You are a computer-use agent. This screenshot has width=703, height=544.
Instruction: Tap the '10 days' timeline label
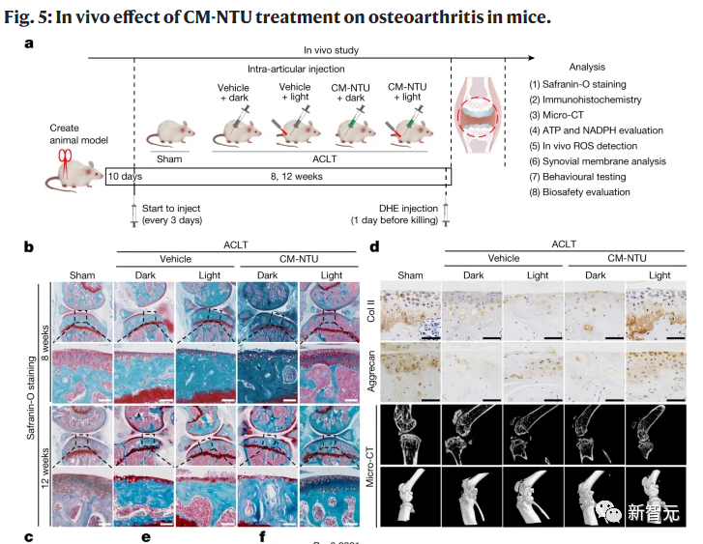point(124,178)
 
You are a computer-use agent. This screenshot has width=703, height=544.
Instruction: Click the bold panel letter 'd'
point(375,247)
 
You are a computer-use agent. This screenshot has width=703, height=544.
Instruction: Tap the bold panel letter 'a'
point(30,43)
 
